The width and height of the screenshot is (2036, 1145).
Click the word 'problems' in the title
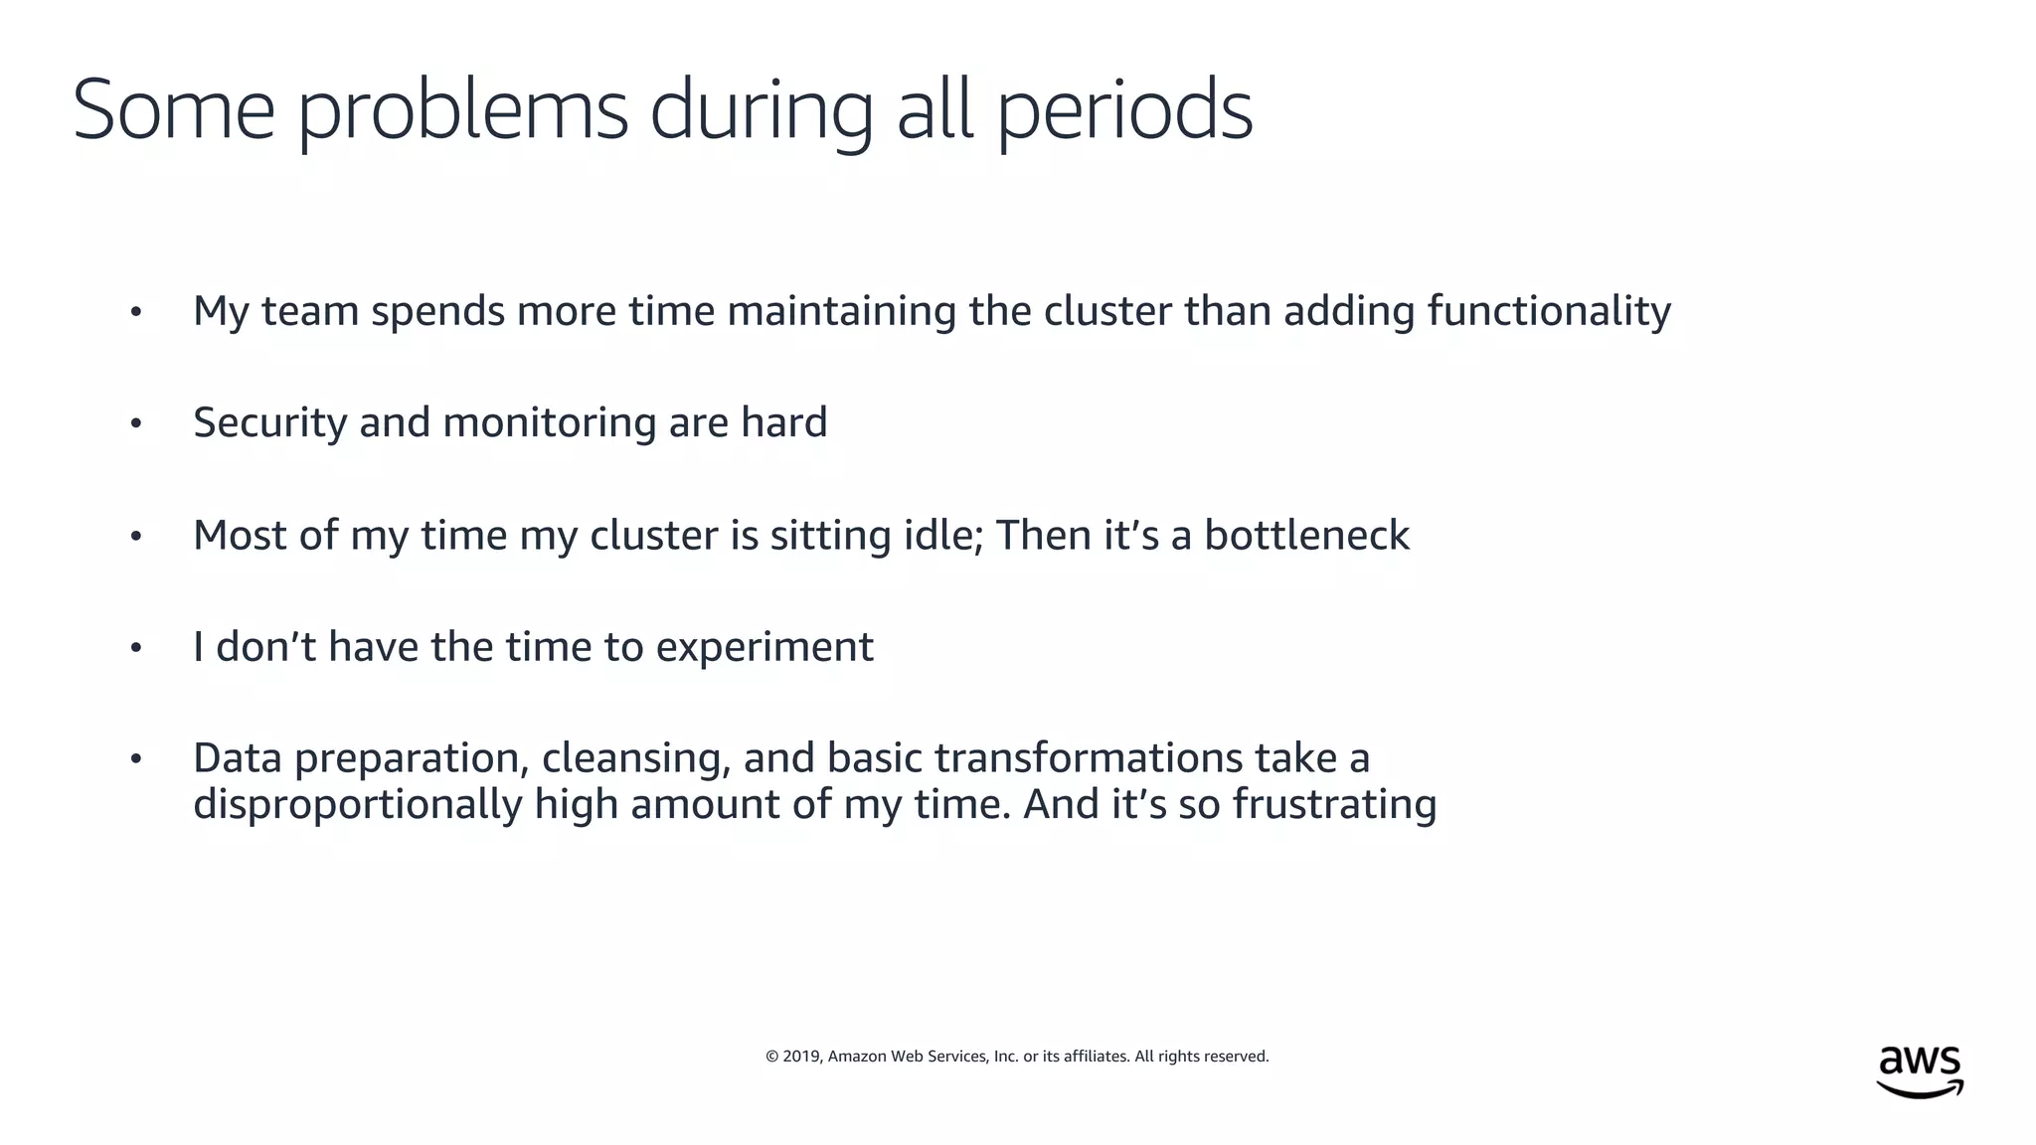point(462,111)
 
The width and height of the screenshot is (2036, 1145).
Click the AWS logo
point(1920,1071)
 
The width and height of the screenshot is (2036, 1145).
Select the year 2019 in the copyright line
point(800,1057)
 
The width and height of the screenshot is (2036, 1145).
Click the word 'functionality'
point(1549,311)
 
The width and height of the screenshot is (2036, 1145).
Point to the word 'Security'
point(269,422)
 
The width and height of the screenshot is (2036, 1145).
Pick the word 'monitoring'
point(549,423)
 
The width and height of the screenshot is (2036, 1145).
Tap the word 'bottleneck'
point(1306,535)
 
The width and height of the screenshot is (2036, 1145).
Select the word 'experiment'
point(764,648)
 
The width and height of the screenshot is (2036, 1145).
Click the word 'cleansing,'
point(635,759)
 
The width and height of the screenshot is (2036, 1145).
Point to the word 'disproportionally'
point(357,805)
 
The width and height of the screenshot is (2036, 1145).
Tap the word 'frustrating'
point(1334,805)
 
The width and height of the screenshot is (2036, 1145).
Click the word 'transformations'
point(1089,758)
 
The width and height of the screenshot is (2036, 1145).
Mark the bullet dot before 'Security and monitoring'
point(136,424)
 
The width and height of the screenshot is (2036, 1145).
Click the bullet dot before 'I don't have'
point(136,648)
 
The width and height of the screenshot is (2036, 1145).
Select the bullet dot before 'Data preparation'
point(136,759)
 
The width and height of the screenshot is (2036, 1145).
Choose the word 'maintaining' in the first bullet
point(841,311)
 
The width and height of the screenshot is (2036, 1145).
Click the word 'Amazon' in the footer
point(856,1057)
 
